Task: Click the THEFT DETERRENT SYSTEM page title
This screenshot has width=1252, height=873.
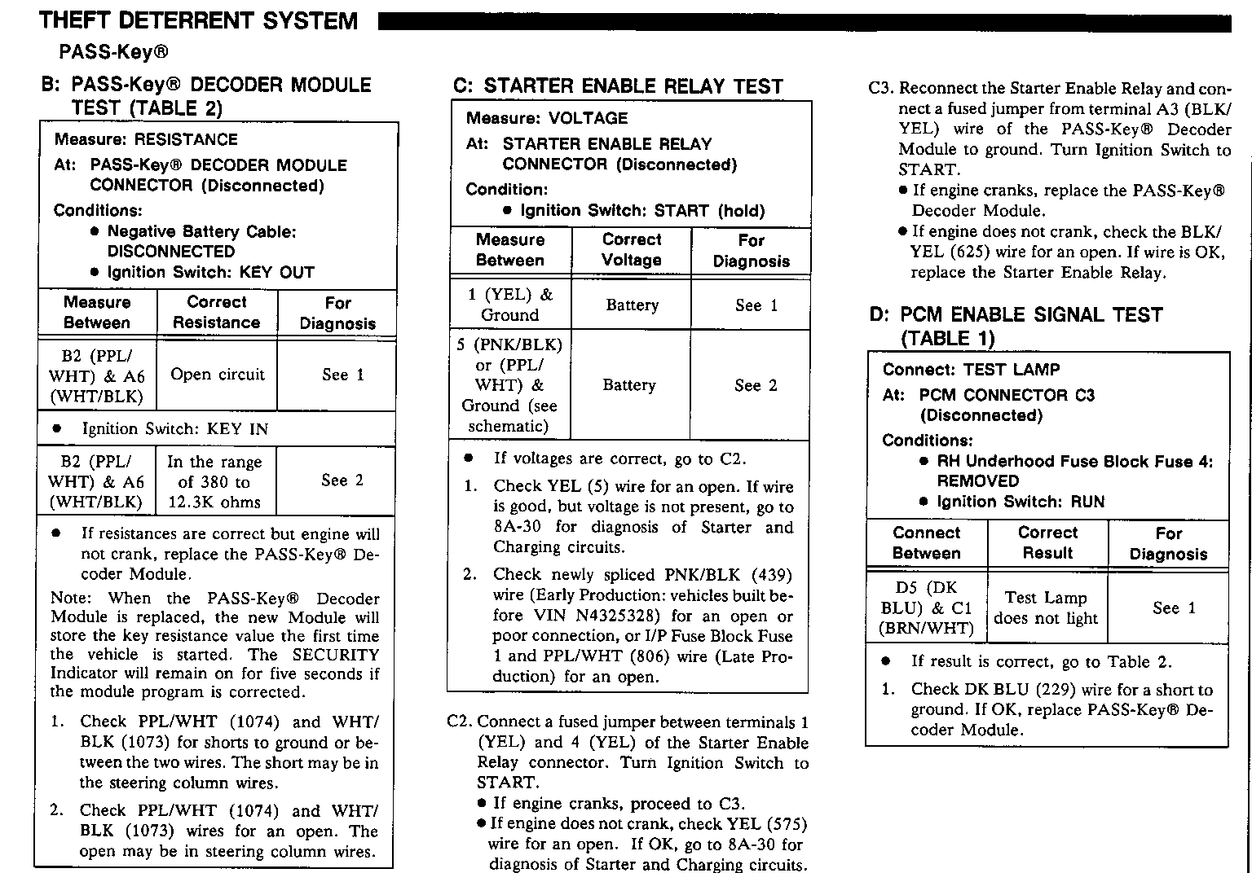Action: pyautogui.click(x=198, y=20)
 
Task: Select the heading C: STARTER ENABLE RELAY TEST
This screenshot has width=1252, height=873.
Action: pyautogui.click(x=617, y=86)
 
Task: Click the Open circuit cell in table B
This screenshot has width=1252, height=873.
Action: pyautogui.click(x=218, y=375)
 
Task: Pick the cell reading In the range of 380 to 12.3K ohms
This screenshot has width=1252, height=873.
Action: pyautogui.click(x=215, y=482)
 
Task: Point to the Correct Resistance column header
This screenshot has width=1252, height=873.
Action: pyautogui.click(x=216, y=313)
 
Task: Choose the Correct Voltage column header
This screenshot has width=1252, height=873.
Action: pyautogui.click(x=632, y=250)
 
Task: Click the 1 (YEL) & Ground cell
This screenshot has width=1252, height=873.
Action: pyautogui.click(x=510, y=305)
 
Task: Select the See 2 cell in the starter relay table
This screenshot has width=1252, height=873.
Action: pyautogui.click(x=756, y=385)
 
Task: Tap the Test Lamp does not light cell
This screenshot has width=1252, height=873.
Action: pyautogui.click(x=1046, y=608)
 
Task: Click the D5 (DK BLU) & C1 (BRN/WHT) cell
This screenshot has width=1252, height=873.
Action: pyautogui.click(x=927, y=608)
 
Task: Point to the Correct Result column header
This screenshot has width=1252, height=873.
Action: pyautogui.click(x=1047, y=543)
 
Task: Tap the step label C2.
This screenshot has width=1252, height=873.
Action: pyautogui.click(x=461, y=722)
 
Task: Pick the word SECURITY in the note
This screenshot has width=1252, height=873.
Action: pyautogui.click(x=336, y=655)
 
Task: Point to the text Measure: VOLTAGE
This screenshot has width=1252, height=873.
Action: pyautogui.click(x=547, y=118)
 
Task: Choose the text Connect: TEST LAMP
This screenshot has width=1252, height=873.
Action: pyautogui.click(x=971, y=370)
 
